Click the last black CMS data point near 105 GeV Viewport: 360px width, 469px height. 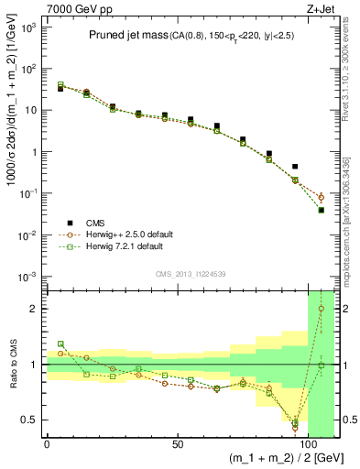click(322, 210)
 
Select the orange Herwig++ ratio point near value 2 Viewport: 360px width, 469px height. click(322, 309)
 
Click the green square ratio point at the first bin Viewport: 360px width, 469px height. click(60, 344)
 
